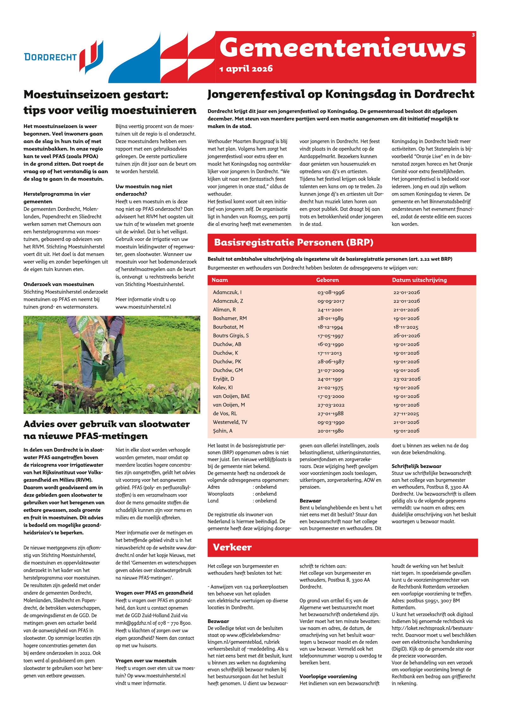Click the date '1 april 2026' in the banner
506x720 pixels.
coord(246,69)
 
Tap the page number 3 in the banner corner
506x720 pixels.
coord(473,35)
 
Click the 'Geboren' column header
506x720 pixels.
coord(327,280)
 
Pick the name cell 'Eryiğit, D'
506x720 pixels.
coord(223,379)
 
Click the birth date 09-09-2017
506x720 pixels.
coord(331,301)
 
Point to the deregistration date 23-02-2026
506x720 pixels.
coord(407,379)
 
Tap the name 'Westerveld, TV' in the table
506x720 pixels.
coord(230,422)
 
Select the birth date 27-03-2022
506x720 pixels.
coord(331,405)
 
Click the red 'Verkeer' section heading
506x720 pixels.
coord(232,547)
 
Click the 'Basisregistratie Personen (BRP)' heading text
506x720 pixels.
coord(293,243)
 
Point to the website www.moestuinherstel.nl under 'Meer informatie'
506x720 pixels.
coord(143,307)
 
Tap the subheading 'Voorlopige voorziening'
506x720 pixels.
coord(328,676)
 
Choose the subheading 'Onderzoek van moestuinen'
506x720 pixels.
coord(59,284)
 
